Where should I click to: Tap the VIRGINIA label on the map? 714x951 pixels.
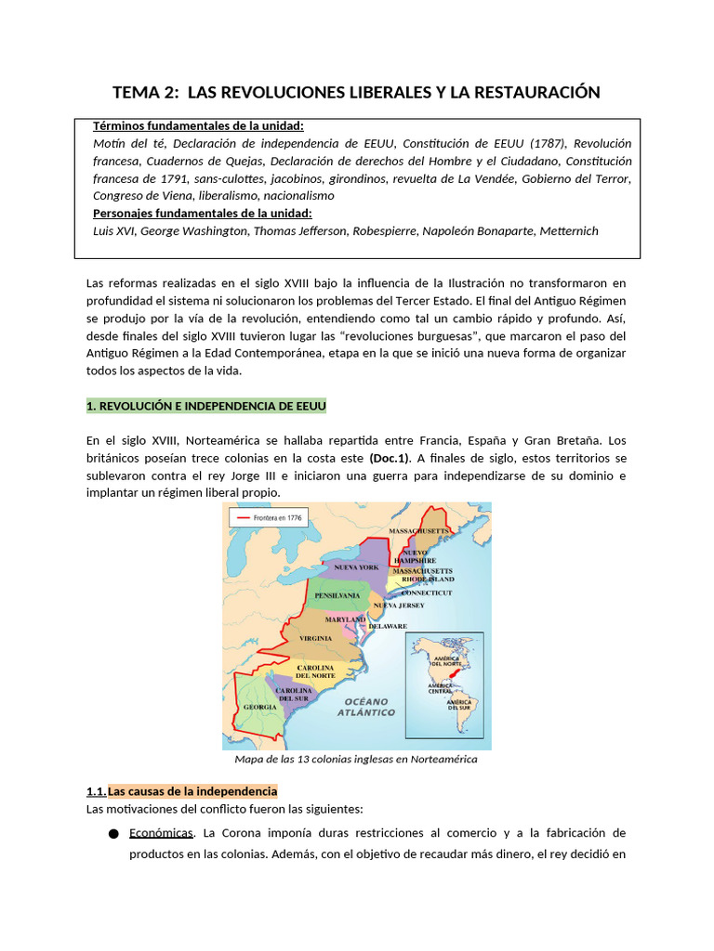coord(315,639)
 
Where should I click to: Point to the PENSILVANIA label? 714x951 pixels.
coord(337,595)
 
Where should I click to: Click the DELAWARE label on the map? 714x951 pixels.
coord(388,626)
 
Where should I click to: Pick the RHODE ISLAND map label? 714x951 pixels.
coord(421,579)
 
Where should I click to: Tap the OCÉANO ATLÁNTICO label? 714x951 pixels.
coord(366,707)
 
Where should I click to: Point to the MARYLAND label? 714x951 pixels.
coord(345,619)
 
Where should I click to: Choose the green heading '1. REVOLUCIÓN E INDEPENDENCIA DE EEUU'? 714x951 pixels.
coord(205,407)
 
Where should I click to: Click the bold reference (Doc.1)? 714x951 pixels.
coord(390,459)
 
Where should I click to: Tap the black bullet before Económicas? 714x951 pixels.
coord(113,833)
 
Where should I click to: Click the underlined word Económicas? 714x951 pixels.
coord(162,832)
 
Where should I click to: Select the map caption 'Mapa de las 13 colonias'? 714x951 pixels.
coord(356,759)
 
